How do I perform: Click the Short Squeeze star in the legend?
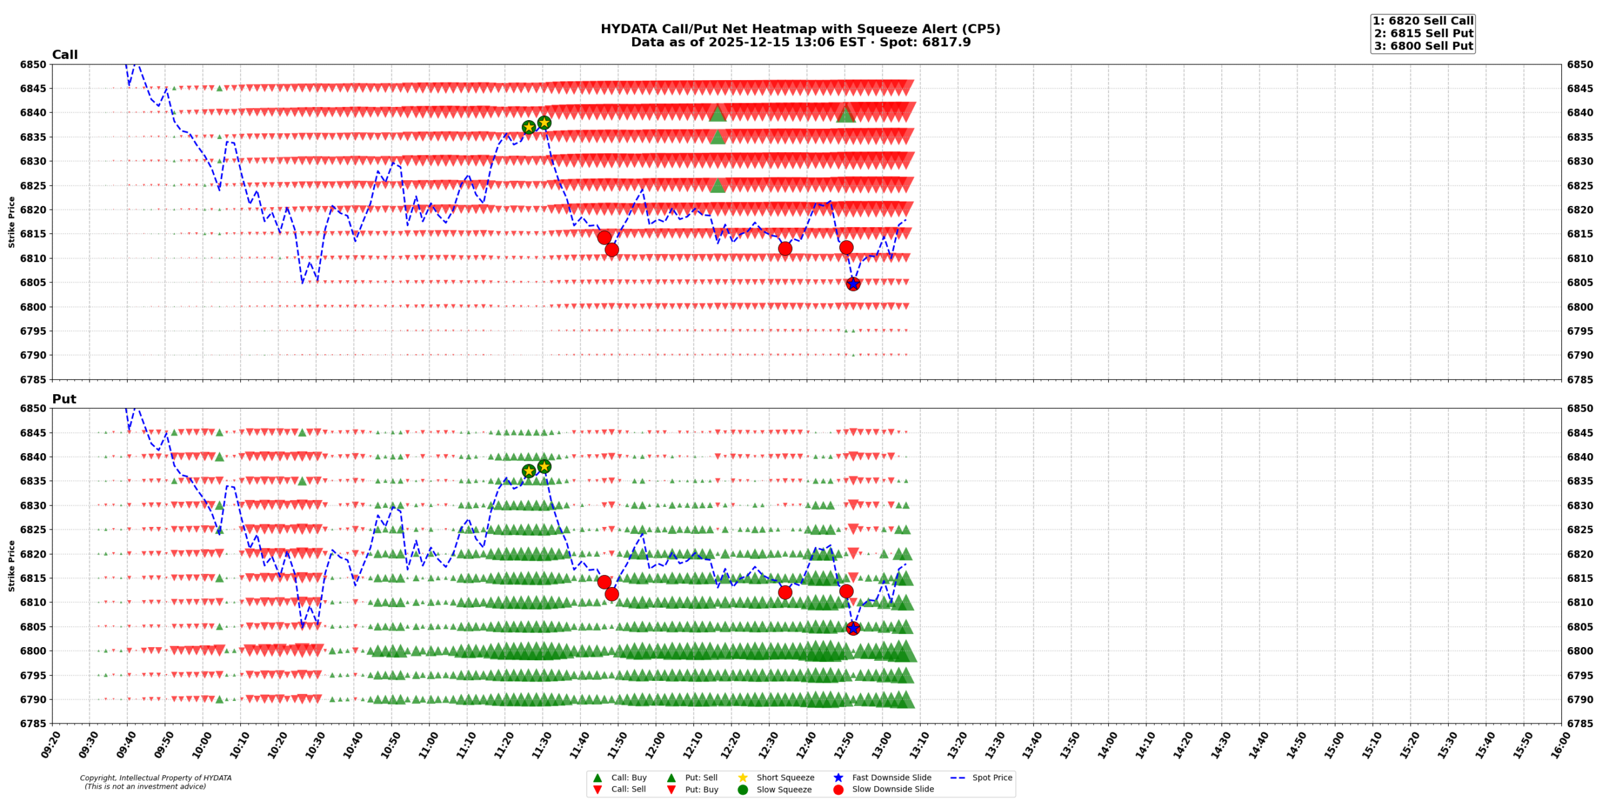743,778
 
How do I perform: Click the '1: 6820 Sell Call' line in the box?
1423,21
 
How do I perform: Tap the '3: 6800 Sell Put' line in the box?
1423,46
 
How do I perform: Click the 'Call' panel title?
64,54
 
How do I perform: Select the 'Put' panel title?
64,399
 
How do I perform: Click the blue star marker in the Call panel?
853,284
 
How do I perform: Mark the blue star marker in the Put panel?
853,628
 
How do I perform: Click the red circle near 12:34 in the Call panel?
785,248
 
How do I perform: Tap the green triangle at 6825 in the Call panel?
718,185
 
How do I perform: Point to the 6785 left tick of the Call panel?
33,380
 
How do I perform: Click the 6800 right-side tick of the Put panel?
1580,651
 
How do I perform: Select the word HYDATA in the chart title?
622,29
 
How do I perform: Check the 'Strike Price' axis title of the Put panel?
11,566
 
